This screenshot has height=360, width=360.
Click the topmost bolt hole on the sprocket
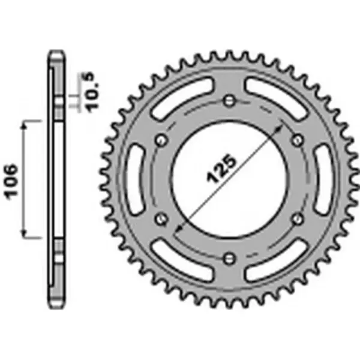(229, 100)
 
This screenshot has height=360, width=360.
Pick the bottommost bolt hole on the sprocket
(229, 258)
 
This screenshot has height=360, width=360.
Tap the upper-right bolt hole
(297, 139)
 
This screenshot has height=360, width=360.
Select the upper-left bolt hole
(160, 139)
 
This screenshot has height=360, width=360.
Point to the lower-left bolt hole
(160, 218)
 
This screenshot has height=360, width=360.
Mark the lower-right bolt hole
(297, 218)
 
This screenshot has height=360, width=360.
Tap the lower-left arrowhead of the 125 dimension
(178, 230)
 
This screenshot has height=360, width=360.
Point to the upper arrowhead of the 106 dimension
(25, 124)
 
